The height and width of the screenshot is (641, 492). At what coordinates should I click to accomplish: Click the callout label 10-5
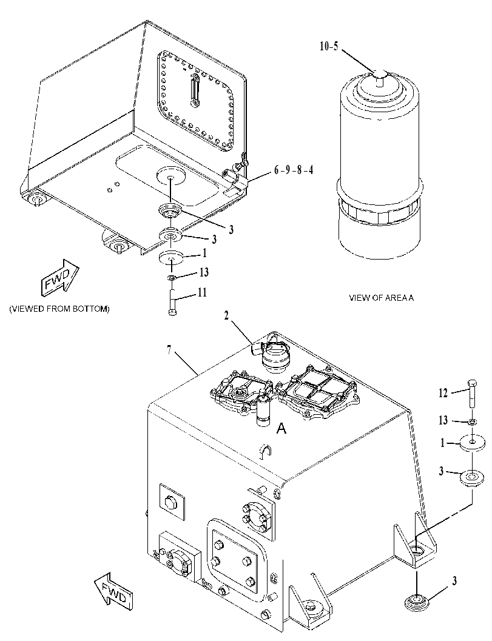point(329,46)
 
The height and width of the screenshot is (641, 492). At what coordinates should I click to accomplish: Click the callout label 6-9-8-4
point(294,170)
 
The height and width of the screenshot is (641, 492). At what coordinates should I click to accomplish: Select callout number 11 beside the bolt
point(202,292)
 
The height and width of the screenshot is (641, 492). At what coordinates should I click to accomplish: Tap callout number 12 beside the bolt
point(443,393)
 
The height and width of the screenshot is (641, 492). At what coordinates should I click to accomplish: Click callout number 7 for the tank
point(169,351)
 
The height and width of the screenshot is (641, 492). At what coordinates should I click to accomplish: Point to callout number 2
point(226,315)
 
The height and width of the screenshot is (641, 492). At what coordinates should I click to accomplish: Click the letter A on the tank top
point(281,428)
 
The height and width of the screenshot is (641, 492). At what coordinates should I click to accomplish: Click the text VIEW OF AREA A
point(381,298)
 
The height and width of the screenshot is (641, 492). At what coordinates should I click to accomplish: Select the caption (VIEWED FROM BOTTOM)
point(59,309)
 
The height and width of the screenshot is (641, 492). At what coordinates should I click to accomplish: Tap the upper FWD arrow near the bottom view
point(59,278)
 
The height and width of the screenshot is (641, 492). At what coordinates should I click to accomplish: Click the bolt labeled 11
point(172,302)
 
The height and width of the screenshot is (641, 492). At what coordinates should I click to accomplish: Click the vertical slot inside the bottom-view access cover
point(195,90)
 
